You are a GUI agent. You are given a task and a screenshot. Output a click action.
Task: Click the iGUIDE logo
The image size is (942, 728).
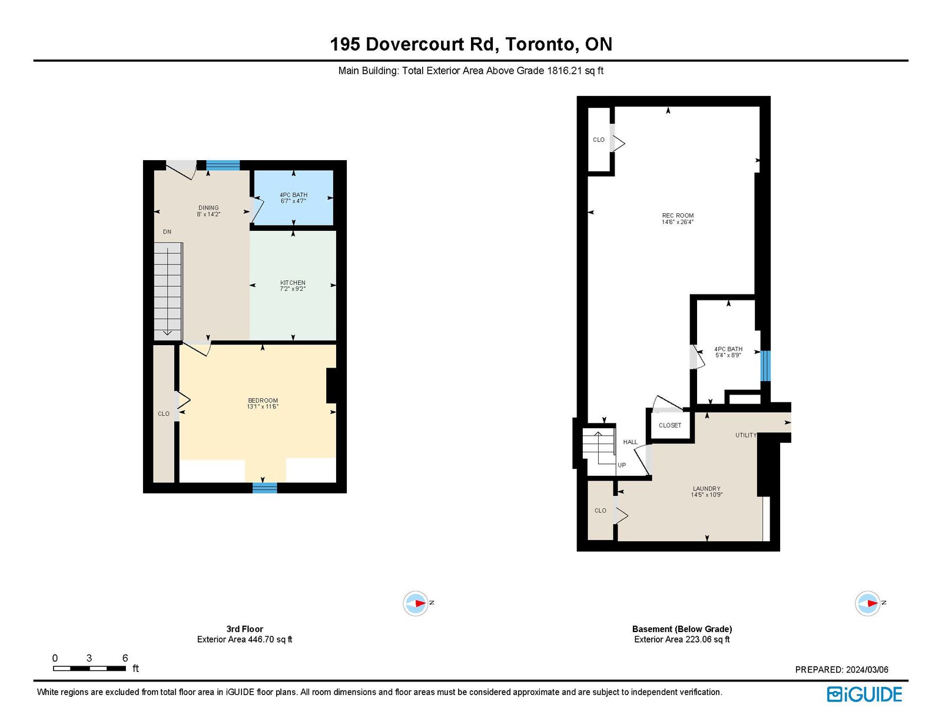pyautogui.click(x=864, y=694)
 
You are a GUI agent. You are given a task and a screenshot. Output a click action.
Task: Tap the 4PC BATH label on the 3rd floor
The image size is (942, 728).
pyautogui.click(x=293, y=195)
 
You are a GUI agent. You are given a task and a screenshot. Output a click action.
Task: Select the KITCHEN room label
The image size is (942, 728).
pyautogui.click(x=293, y=283)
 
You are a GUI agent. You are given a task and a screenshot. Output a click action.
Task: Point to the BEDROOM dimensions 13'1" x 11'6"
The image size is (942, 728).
pyautogui.click(x=263, y=407)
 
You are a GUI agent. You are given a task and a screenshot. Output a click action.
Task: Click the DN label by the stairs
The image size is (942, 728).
pyautogui.click(x=167, y=232)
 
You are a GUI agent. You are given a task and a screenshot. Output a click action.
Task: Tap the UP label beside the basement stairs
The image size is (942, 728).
pyautogui.click(x=622, y=465)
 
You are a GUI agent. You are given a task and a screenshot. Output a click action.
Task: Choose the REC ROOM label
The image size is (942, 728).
pyautogui.click(x=678, y=216)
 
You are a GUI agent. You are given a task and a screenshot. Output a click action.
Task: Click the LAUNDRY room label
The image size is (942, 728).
pyautogui.click(x=706, y=489)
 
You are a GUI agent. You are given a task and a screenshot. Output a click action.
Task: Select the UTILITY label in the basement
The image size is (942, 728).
pyautogui.click(x=745, y=435)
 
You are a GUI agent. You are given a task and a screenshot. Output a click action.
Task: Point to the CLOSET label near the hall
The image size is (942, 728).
pyautogui.click(x=670, y=425)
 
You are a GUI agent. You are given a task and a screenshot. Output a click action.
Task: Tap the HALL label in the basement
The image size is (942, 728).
pyautogui.click(x=631, y=442)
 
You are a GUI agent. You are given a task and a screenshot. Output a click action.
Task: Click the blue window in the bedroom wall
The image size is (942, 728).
pyautogui.click(x=265, y=488)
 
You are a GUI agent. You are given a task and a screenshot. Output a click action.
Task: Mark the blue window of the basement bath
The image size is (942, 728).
pyautogui.click(x=765, y=366)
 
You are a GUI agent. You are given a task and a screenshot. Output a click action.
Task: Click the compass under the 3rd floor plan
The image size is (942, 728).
pyautogui.click(x=416, y=603)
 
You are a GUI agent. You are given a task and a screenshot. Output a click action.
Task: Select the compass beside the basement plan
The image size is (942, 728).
pyautogui.click(x=867, y=603)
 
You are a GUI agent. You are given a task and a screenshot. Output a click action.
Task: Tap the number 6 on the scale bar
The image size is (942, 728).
pyautogui.click(x=125, y=658)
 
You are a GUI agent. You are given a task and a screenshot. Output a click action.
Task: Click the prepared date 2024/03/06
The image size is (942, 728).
pyautogui.click(x=867, y=670)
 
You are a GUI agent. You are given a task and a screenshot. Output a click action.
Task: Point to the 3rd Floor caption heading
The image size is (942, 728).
pyautogui.click(x=244, y=628)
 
